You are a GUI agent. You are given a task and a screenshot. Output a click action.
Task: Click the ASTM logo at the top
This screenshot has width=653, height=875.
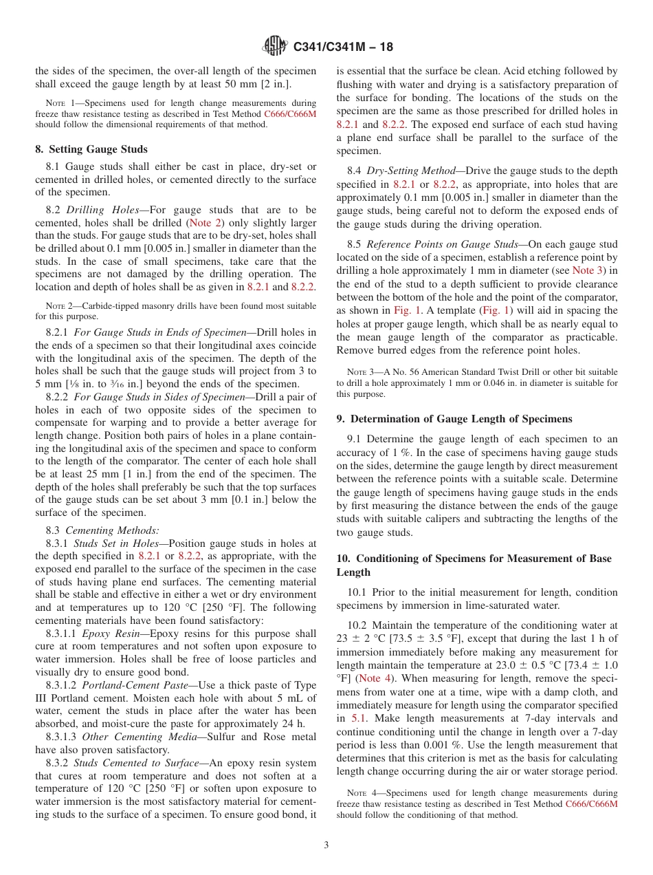pyautogui.click(x=275, y=47)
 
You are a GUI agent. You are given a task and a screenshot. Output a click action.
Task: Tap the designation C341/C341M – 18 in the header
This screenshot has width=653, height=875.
pyautogui.click(x=343, y=47)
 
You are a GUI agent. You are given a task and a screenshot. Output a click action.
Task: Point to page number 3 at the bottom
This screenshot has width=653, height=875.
pyautogui.click(x=326, y=845)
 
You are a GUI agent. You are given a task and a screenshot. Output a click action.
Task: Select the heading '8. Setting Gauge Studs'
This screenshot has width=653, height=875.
pyautogui.click(x=91, y=149)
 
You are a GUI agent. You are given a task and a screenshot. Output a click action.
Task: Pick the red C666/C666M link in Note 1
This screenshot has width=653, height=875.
pyautogui.click(x=290, y=114)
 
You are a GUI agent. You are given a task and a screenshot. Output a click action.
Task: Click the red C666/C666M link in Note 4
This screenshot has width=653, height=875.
pyautogui.click(x=591, y=803)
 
